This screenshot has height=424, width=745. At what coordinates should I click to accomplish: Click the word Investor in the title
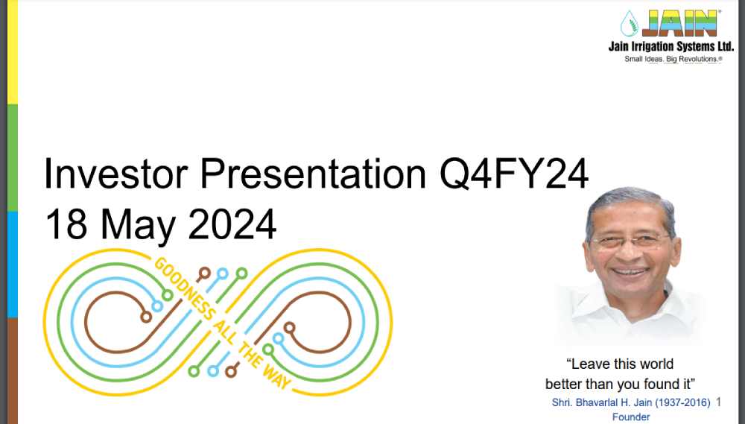tap(116, 173)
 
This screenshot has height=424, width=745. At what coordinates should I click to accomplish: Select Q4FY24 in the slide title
tap(513, 174)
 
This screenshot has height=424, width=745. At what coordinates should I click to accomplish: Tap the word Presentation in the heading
tap(313, 173)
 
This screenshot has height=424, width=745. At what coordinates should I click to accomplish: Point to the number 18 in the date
tap(66, 224)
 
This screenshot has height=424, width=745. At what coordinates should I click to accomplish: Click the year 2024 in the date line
tap(232, 224)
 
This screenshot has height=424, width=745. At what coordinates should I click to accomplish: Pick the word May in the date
tap(138, 227)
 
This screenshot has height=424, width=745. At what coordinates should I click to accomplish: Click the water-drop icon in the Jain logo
tap(629, 23)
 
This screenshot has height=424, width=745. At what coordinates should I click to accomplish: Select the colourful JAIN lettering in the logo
tap(679, 23)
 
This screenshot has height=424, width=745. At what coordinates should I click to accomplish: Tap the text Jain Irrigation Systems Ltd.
tap(671, 46)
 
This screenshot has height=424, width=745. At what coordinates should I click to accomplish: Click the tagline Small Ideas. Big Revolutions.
tap(673, 59)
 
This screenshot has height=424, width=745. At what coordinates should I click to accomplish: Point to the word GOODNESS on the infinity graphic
tap(185, 288)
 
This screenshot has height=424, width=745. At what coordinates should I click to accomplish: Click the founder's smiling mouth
tap(630, 272)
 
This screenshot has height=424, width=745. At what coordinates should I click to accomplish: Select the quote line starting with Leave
tap(620, 364)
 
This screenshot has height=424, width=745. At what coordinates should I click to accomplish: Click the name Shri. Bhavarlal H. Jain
tap(601, 402)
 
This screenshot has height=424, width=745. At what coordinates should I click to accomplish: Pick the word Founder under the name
tap(631, 417)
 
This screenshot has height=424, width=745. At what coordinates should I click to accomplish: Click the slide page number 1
tap(718, 402)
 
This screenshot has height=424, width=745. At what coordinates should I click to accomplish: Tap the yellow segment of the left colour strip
tap(13, 52)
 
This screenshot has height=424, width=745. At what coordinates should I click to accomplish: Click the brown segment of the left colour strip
tap(13, 371)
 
